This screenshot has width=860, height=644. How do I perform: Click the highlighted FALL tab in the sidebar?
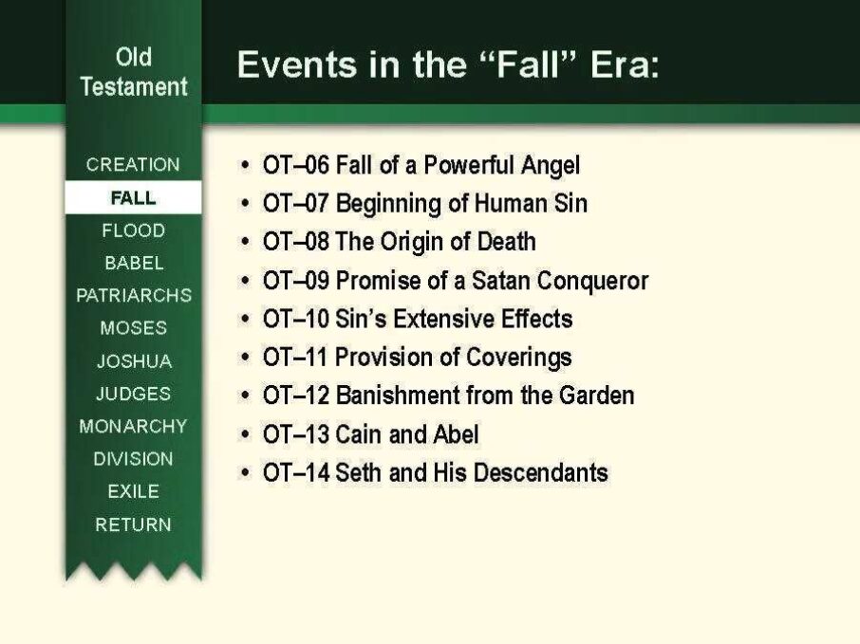tap(133, 197)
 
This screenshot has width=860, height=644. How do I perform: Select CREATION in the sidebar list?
tap(133, 164)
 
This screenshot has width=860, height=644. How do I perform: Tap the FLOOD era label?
tap(133, 230)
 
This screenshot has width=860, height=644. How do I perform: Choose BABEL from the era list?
tap(134, 263)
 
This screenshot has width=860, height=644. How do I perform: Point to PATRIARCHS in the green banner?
tap(134, 295)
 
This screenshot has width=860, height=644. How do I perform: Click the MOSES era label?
tap(133, 328)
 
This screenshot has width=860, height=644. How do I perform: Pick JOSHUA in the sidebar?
tap(135, 361)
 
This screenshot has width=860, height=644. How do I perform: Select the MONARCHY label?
tap(133, 426)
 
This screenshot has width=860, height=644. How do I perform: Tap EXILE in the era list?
tap(133, 491)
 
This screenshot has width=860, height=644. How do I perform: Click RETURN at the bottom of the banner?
tap(133, 524)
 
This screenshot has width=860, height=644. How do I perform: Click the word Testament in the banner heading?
tap(134, 86)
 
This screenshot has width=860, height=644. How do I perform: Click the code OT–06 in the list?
tap(295, 165)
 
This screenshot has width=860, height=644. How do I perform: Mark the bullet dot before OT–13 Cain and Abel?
tap(245, 434)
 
